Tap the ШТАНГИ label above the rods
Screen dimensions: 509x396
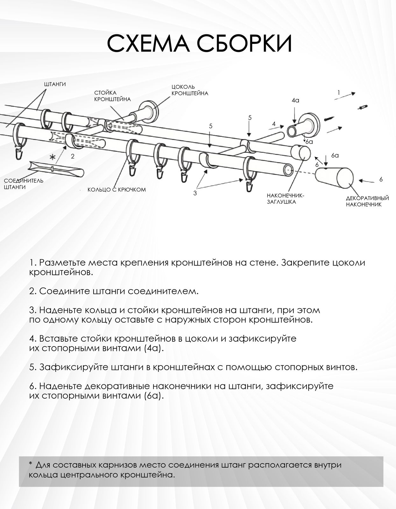[x=55, y=84]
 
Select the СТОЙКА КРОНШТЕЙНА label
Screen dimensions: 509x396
[x=112, y=96]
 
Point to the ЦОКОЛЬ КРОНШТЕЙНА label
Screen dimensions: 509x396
[x=190, y=90]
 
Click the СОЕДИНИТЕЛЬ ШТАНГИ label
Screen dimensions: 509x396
[x=24, y=184]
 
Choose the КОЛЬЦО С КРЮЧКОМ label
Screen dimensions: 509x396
[x=117, y=190]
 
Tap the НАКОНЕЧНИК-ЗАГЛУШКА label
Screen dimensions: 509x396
[x=285, y=199]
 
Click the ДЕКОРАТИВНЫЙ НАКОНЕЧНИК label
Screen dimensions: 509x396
[x=367, y=201]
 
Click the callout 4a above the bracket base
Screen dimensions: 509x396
[x=295, y=101]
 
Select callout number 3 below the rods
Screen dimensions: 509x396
[x=195, y=193]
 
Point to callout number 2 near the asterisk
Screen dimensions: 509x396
[x=73, y=156]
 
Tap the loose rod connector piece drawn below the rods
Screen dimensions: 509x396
[x=56, y=168]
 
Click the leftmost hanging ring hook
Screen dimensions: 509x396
[x=20, y=154]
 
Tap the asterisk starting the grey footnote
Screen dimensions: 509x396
[x=31, y=464]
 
